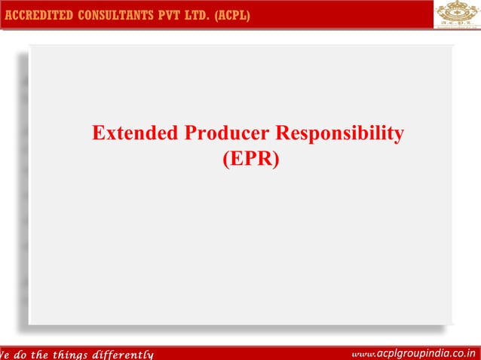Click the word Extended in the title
point(133,134)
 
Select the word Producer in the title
point(224,134)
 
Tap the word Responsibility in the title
point(339,135)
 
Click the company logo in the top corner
point(458,14)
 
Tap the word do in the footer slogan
point(20,354)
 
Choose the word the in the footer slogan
point(44,354)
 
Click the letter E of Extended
point(98,134)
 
